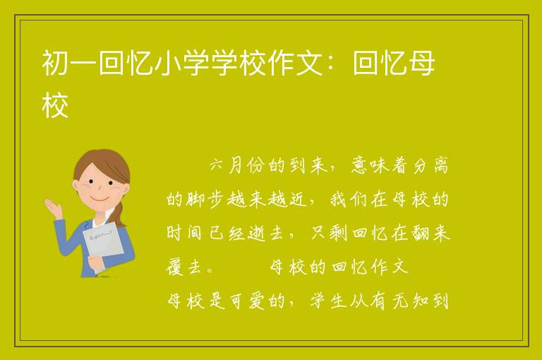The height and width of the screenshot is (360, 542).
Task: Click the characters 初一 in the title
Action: [69, 63]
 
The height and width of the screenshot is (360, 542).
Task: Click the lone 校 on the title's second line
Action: [55, 105]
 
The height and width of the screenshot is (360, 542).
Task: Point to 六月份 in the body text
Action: [238, 165]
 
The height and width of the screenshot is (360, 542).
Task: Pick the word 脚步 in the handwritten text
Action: [206, 200]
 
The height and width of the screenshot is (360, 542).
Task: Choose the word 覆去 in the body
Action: [184, 267]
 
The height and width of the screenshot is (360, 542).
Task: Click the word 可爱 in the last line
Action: [246, 301]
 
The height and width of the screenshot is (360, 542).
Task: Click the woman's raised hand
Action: [53, 208]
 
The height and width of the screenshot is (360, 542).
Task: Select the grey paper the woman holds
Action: [103, 245]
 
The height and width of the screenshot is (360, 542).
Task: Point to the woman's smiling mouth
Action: [100, 199]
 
